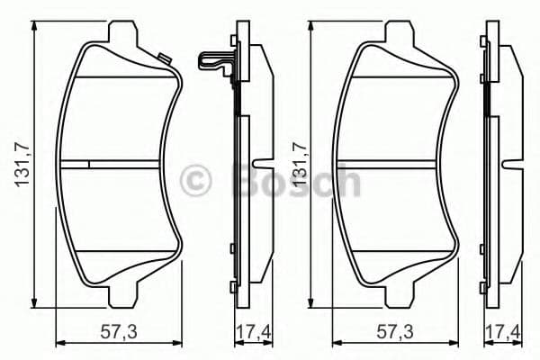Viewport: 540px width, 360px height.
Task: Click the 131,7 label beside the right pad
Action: click(x=302, y=166)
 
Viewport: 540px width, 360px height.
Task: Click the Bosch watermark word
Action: click(x=297, y=182)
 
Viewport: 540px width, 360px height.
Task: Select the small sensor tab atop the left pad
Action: click(x=164, y=60)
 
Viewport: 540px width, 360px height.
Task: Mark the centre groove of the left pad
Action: click(x=126, y=164)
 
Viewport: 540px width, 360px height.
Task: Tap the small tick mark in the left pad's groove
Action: click(x=89, y=164)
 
